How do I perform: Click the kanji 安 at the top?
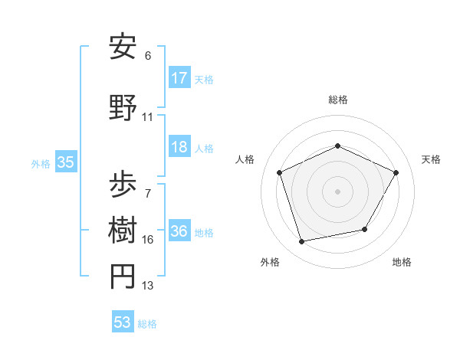point(123,47)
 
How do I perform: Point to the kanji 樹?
point(123,229)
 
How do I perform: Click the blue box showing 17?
point(179,77)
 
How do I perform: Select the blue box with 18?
point(179,147)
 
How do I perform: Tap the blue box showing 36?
point(179,231)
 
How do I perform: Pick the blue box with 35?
point(65,162)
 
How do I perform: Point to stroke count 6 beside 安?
point(148,56)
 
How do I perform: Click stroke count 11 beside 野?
point(148,117)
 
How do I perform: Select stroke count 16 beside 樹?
point(148,240)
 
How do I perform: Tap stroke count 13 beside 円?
point(148,286)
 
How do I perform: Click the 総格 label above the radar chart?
point(337,100)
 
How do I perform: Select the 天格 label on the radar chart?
point(431,159)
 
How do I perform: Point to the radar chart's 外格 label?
point(270,262)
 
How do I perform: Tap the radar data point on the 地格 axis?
point(365,229)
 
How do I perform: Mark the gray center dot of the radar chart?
point(337,191)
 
